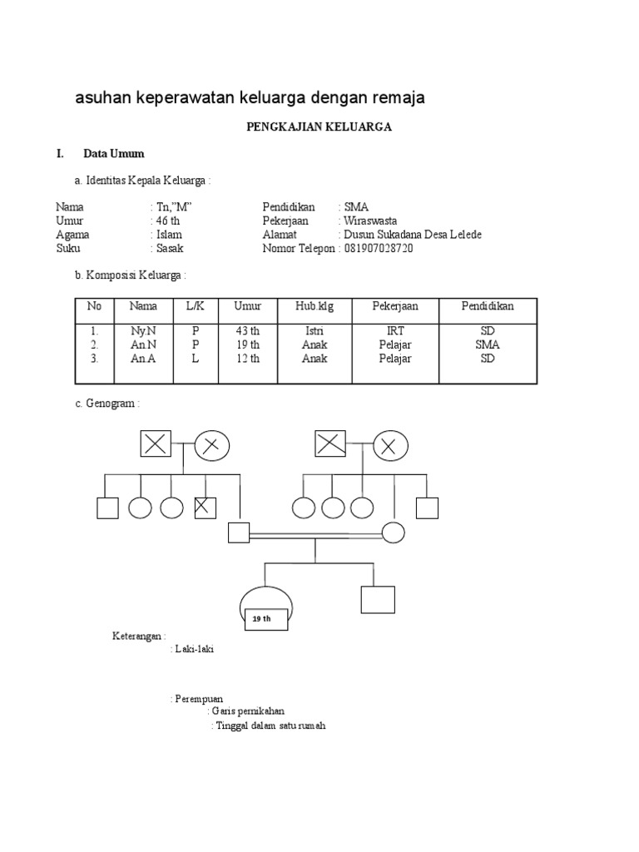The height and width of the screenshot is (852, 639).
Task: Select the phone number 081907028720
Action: tap(379, 249)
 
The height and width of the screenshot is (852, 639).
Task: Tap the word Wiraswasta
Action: tap(370, 221)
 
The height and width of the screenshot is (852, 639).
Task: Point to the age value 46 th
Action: tap(166, 221)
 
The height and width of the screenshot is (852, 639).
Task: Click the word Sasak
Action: tap(168, 249)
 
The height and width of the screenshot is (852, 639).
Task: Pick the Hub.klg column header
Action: tap(315, 307)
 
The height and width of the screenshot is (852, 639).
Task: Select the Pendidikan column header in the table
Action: tap(488, 306)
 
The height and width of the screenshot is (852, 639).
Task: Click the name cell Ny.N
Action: tap(143, 331)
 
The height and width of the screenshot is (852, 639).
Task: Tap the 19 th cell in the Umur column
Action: tap(247, 344)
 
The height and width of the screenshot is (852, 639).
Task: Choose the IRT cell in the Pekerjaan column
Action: tap(395, 331)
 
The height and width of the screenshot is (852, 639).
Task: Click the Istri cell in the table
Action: tap(315, 331)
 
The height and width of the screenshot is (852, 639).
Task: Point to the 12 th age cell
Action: tap(247, 359)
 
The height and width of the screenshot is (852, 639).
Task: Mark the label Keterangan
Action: tap(139, 637)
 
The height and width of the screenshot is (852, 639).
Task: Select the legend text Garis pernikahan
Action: tap(248, 711)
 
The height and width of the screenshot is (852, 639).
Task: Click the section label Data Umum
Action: tap(114, 154)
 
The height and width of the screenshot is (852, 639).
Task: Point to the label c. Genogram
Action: tap(107, 404)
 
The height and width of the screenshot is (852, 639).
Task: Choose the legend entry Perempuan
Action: tap(199, 699)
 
